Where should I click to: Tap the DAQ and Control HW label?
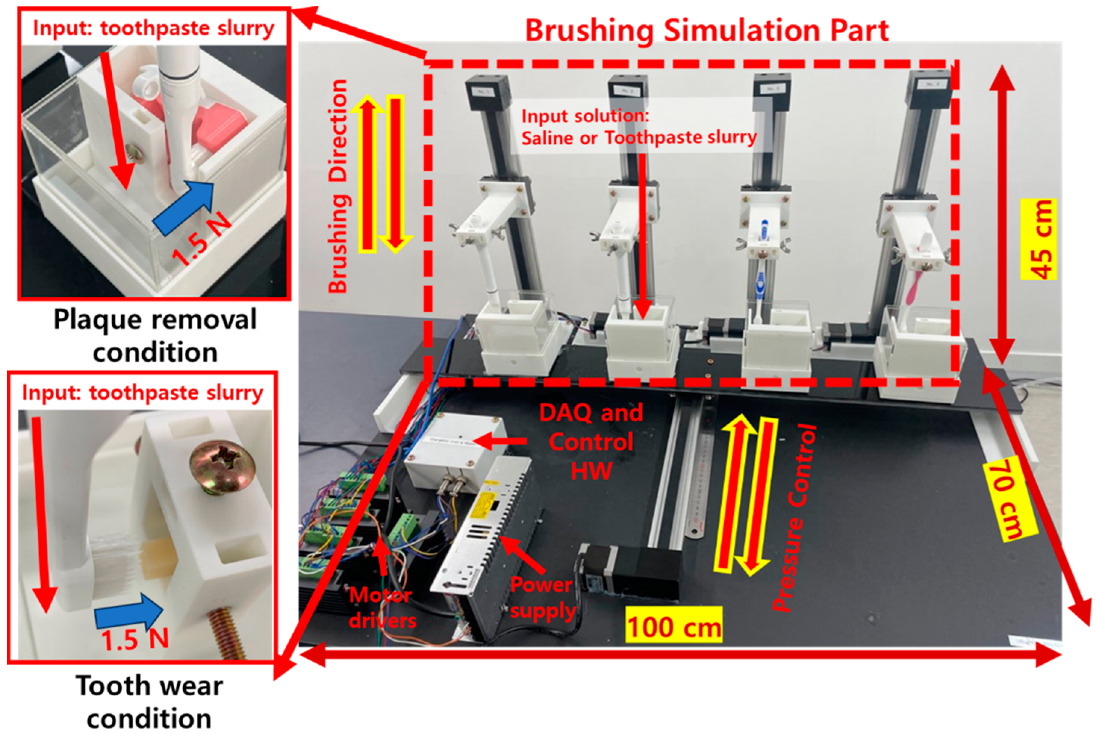pos(591,442)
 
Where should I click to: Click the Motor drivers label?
pos(382,608)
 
